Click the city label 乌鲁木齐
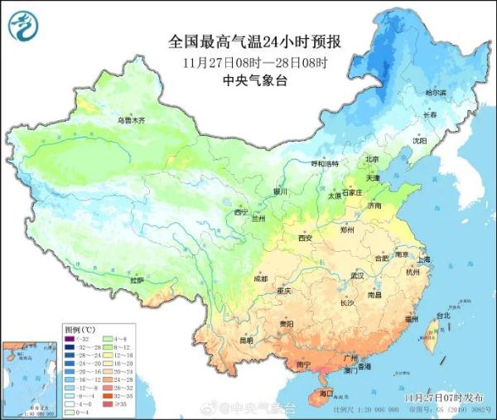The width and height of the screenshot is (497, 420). coord(130,121)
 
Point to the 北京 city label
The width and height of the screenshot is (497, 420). coord(371,159)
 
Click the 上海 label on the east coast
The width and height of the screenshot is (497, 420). coord(424,258)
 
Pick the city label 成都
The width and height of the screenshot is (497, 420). coord(261,278)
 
